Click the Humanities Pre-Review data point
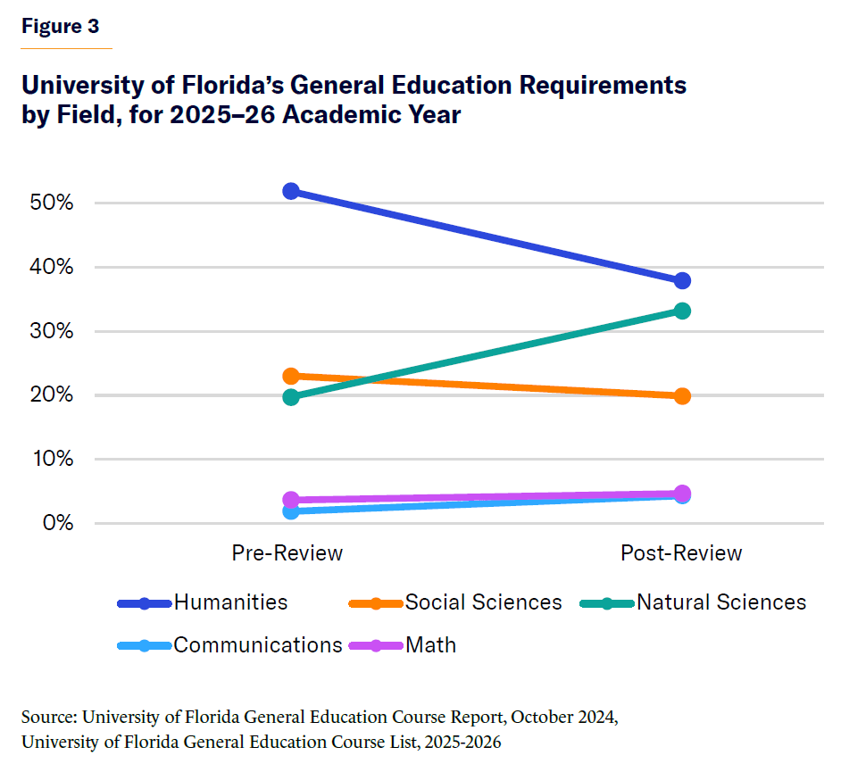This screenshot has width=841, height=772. [x=290, y=191]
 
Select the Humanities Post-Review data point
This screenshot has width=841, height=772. [x=682, y=281]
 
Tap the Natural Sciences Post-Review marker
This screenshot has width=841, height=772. [x=682, y=311]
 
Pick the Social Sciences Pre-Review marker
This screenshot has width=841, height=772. [x=290, y=376]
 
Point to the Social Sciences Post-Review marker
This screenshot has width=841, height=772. [x=682, y=396]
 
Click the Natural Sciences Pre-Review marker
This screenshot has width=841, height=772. [x=290, y=397]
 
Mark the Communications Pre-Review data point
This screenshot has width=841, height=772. [x=290, y=511]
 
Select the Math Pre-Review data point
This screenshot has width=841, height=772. [x=290, y=500]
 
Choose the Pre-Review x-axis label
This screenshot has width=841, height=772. [x=287, y=553]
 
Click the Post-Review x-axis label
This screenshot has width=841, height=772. [x=681, y=553]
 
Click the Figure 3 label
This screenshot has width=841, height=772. [x=61, y=27]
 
